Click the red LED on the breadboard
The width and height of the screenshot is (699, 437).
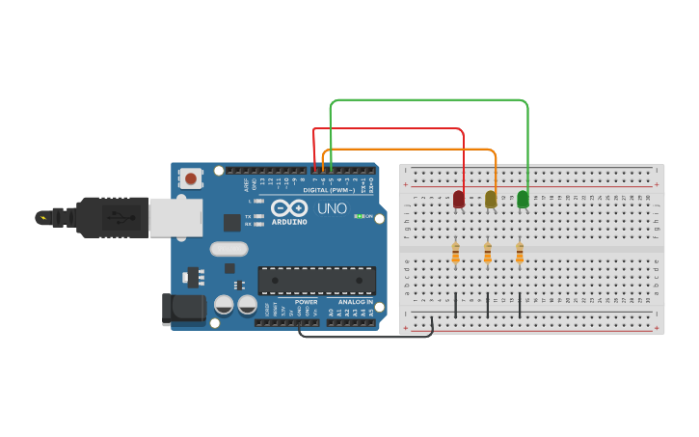point(459,200)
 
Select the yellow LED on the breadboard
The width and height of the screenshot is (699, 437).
point(491,200)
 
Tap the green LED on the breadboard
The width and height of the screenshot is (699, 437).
point(523,200)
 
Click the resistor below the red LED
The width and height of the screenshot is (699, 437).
point(456,254)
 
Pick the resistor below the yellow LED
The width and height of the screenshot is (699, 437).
point(488,254)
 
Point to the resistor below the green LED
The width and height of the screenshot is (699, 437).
point(520,254)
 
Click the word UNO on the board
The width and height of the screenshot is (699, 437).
point(332,208)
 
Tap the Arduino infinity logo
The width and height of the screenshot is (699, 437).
point(289,208)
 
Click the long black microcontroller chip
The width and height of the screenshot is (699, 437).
point(316,281)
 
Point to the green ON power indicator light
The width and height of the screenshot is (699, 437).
point(359,216)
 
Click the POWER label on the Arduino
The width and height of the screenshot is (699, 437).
point(306,303)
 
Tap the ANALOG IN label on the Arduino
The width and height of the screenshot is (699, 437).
point(353,303)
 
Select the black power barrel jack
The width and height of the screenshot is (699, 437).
point(185,309)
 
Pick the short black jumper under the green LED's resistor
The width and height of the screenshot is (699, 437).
point(520,305)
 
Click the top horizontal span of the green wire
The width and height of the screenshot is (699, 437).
point(429,99)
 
